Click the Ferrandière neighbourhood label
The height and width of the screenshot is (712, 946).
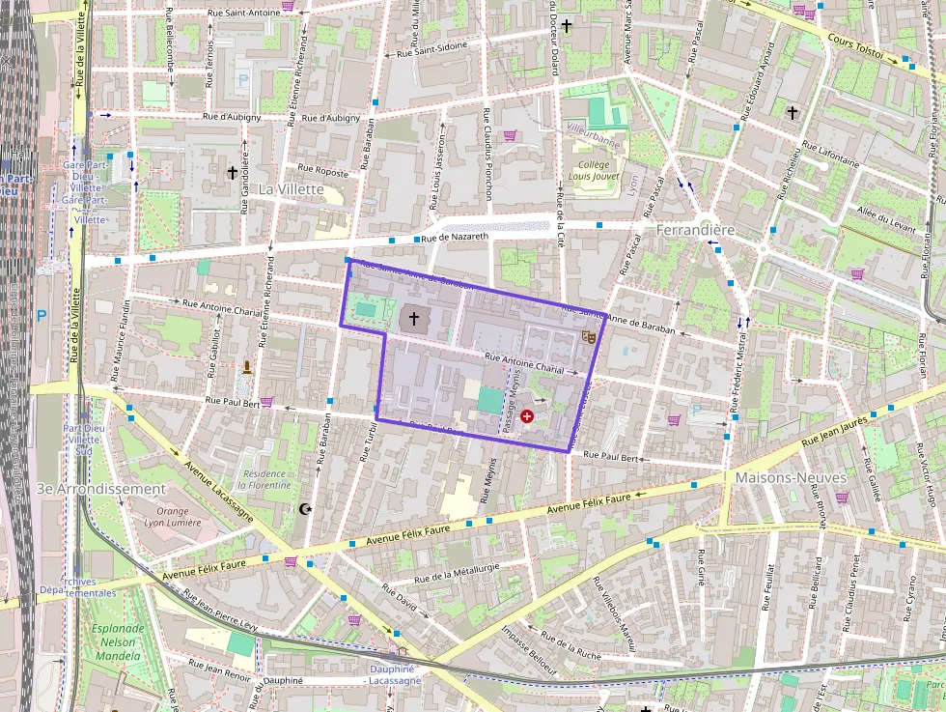click(695, 231)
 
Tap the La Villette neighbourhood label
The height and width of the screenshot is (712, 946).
click(291, 189)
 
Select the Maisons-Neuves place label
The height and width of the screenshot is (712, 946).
click(791, 478)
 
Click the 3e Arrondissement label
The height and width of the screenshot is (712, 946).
click(101, 489)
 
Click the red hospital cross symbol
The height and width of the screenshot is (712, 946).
click(527, 416)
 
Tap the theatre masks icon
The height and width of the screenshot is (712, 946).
click(586, 336)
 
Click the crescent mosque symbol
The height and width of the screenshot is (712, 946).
click(308, 509)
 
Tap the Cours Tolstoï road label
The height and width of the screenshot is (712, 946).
click(856, 44)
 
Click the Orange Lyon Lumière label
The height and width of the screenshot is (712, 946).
click(173, 517)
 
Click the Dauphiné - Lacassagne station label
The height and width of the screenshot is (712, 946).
click(393, 674)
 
